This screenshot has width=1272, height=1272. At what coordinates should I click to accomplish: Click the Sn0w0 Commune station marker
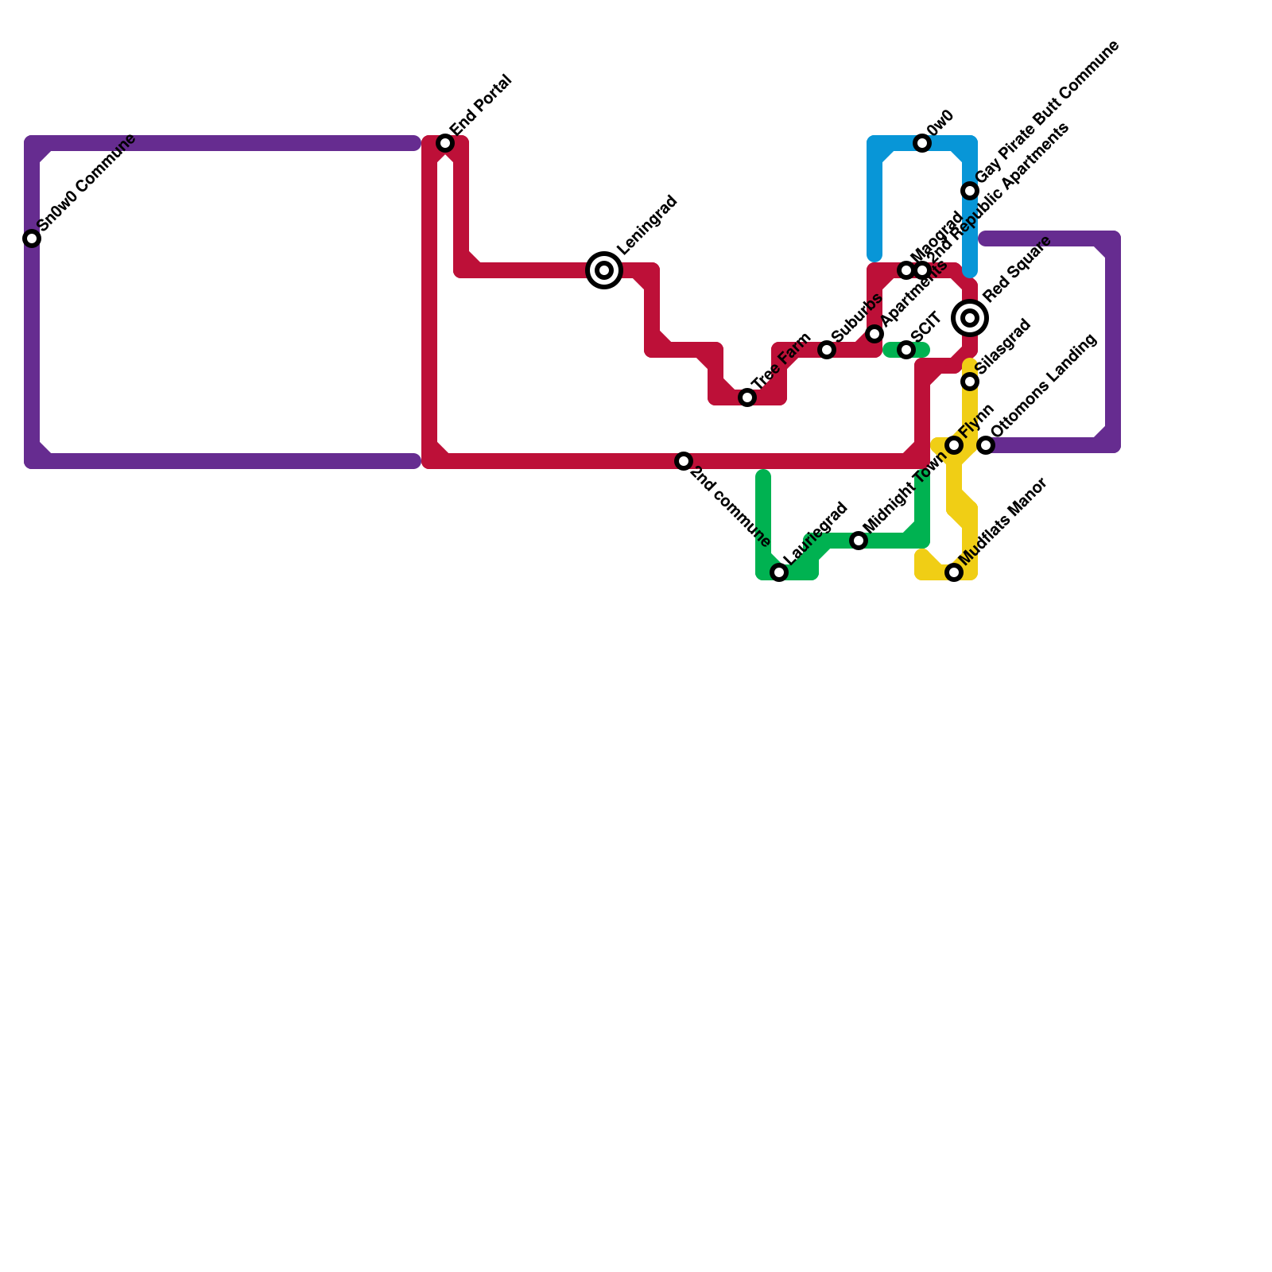pyautogui.click(x=32, y=238)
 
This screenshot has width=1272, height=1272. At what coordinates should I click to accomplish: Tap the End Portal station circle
pyautogui.click(x=445, y=143)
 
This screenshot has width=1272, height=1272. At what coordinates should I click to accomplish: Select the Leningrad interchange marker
pyautogui.click(x=604, y=270)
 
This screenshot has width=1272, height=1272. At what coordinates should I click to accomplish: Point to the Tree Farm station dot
pyautogui.click(x=747, y=397)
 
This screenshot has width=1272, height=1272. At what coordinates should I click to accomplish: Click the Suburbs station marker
pyautogui.click(x=827, y=350)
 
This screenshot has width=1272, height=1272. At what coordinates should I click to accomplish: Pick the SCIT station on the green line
pyautogui.click(x=906, y=350)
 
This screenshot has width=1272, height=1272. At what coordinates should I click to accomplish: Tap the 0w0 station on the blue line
pyautogui.click(x=922, y=143)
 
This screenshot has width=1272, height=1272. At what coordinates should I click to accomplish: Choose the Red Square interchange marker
pyautogui.click(x=970, y=318)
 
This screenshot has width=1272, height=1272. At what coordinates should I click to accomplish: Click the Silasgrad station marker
pyautogui.click(x=970, y=382)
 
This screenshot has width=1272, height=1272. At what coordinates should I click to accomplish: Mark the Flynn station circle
pyautogui.click(x=954, y=445)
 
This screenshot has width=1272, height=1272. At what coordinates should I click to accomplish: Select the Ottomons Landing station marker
pyautogui.click(x=986, y=445)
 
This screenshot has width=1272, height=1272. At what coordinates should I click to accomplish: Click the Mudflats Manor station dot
pyautogui.click(x=954, y=572)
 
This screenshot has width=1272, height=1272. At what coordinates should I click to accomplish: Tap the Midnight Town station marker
pyautogui.click(x=859, y=541)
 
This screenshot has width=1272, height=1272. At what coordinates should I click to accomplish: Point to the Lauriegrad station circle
pyautogui.click(x=779, y=572)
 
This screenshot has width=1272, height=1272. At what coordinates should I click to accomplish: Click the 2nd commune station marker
pyautogui.click(x=684, y=461)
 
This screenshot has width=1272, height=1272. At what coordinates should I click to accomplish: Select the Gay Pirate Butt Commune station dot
pyautogui.click(x=970, y=191)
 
